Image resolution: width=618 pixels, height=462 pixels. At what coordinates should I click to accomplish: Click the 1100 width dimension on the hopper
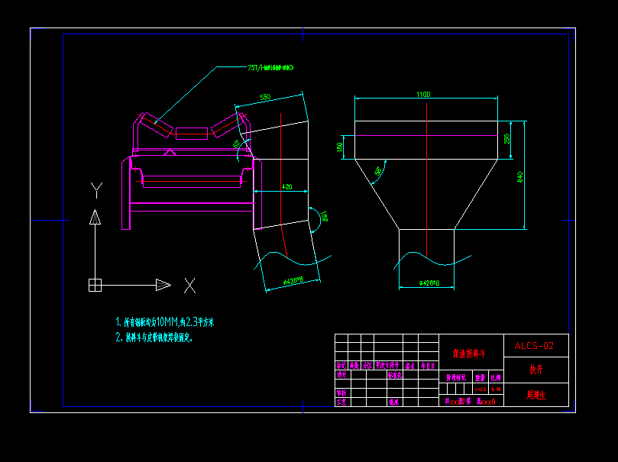click(x=423, y=94)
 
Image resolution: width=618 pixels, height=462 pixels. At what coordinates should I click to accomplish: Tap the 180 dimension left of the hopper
click(x=340, y=147)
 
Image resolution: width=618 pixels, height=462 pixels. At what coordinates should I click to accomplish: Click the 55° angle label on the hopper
click(x=379, y=172)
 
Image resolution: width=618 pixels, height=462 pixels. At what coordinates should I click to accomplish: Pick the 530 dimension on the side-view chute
click(x=265, y=97)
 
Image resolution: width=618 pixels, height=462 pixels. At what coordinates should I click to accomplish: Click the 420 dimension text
click(x=286, y=186)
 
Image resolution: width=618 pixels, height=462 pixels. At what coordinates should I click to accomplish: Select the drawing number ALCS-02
click(x=534, y=346)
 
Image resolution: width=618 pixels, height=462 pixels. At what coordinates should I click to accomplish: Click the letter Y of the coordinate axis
click(x=95, y=189)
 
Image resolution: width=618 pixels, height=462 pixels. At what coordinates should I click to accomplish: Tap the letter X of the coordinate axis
click(x=189, y=286)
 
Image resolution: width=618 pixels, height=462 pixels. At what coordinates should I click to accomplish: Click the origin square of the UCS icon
click(x=95, y=285)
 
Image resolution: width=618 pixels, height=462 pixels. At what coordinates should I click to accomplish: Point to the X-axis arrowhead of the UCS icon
click(x=163, y=285)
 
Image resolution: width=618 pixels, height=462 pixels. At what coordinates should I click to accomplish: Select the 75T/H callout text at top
click(x=270, y=68)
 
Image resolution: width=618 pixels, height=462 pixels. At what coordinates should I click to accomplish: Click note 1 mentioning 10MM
click(x=165, y=322)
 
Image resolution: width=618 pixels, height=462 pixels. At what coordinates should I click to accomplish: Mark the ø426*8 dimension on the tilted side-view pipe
click(x=293, y=282)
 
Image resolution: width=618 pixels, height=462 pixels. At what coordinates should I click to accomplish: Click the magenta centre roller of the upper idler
click(x=190, y=134)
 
